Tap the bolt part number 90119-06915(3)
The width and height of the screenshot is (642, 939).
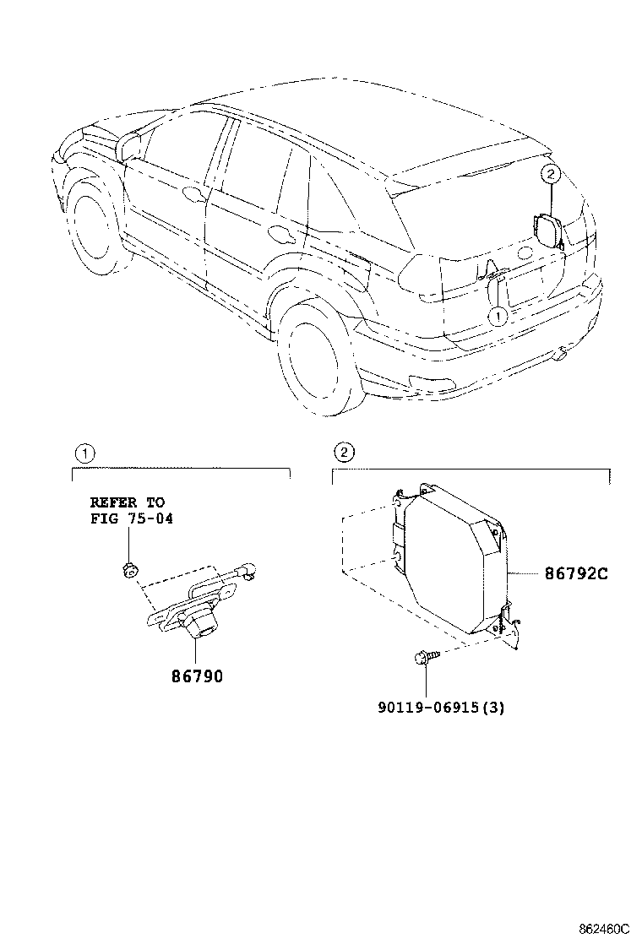441,708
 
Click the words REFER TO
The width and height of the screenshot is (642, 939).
128,502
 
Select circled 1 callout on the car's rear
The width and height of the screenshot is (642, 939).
498,316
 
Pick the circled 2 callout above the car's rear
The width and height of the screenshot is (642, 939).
549,175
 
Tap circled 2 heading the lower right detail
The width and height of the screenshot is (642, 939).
343,453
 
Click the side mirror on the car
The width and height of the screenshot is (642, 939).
130,145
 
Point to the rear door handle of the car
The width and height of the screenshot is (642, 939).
277,230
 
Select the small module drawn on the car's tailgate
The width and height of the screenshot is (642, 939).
545,230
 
